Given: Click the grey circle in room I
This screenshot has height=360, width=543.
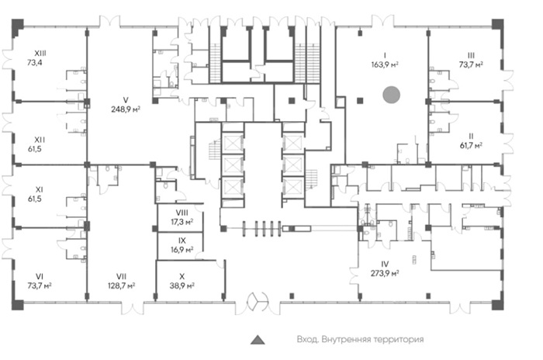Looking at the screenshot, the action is tap(391, 95).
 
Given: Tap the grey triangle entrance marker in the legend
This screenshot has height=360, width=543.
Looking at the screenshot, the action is tap(258, 340).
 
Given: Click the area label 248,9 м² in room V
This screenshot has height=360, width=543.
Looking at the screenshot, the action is tap(126, 109).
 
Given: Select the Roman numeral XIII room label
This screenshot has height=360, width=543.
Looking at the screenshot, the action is tap(40, 54).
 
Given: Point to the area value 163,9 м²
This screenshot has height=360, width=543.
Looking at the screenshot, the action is tap(385, 64).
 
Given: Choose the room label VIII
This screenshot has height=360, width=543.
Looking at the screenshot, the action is tap(182, 213).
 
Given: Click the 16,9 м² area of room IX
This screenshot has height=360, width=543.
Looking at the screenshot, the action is tap(182, 250).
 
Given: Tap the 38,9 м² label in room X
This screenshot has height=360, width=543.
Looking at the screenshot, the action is tap(182, 286).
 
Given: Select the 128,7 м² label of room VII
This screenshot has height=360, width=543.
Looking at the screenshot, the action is tap(121, 286).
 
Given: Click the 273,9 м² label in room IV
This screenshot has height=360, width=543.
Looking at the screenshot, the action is tap(385, 273).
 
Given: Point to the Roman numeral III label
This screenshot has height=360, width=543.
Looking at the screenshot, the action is tap(471, 55).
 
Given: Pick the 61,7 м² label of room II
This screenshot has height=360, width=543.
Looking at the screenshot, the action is tap(471, 146).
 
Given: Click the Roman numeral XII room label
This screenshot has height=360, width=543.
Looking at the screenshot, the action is tap(40, 140).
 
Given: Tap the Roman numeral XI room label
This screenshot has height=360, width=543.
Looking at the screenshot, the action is tap(40, 190).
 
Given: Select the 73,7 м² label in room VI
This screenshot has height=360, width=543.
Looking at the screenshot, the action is tap(40, 286).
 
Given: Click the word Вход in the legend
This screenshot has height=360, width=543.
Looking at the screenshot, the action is tap(307, 339).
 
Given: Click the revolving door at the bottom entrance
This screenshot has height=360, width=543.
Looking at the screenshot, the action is tap(258, 301).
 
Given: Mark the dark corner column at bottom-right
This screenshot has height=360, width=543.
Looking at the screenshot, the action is tap(498, 305).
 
